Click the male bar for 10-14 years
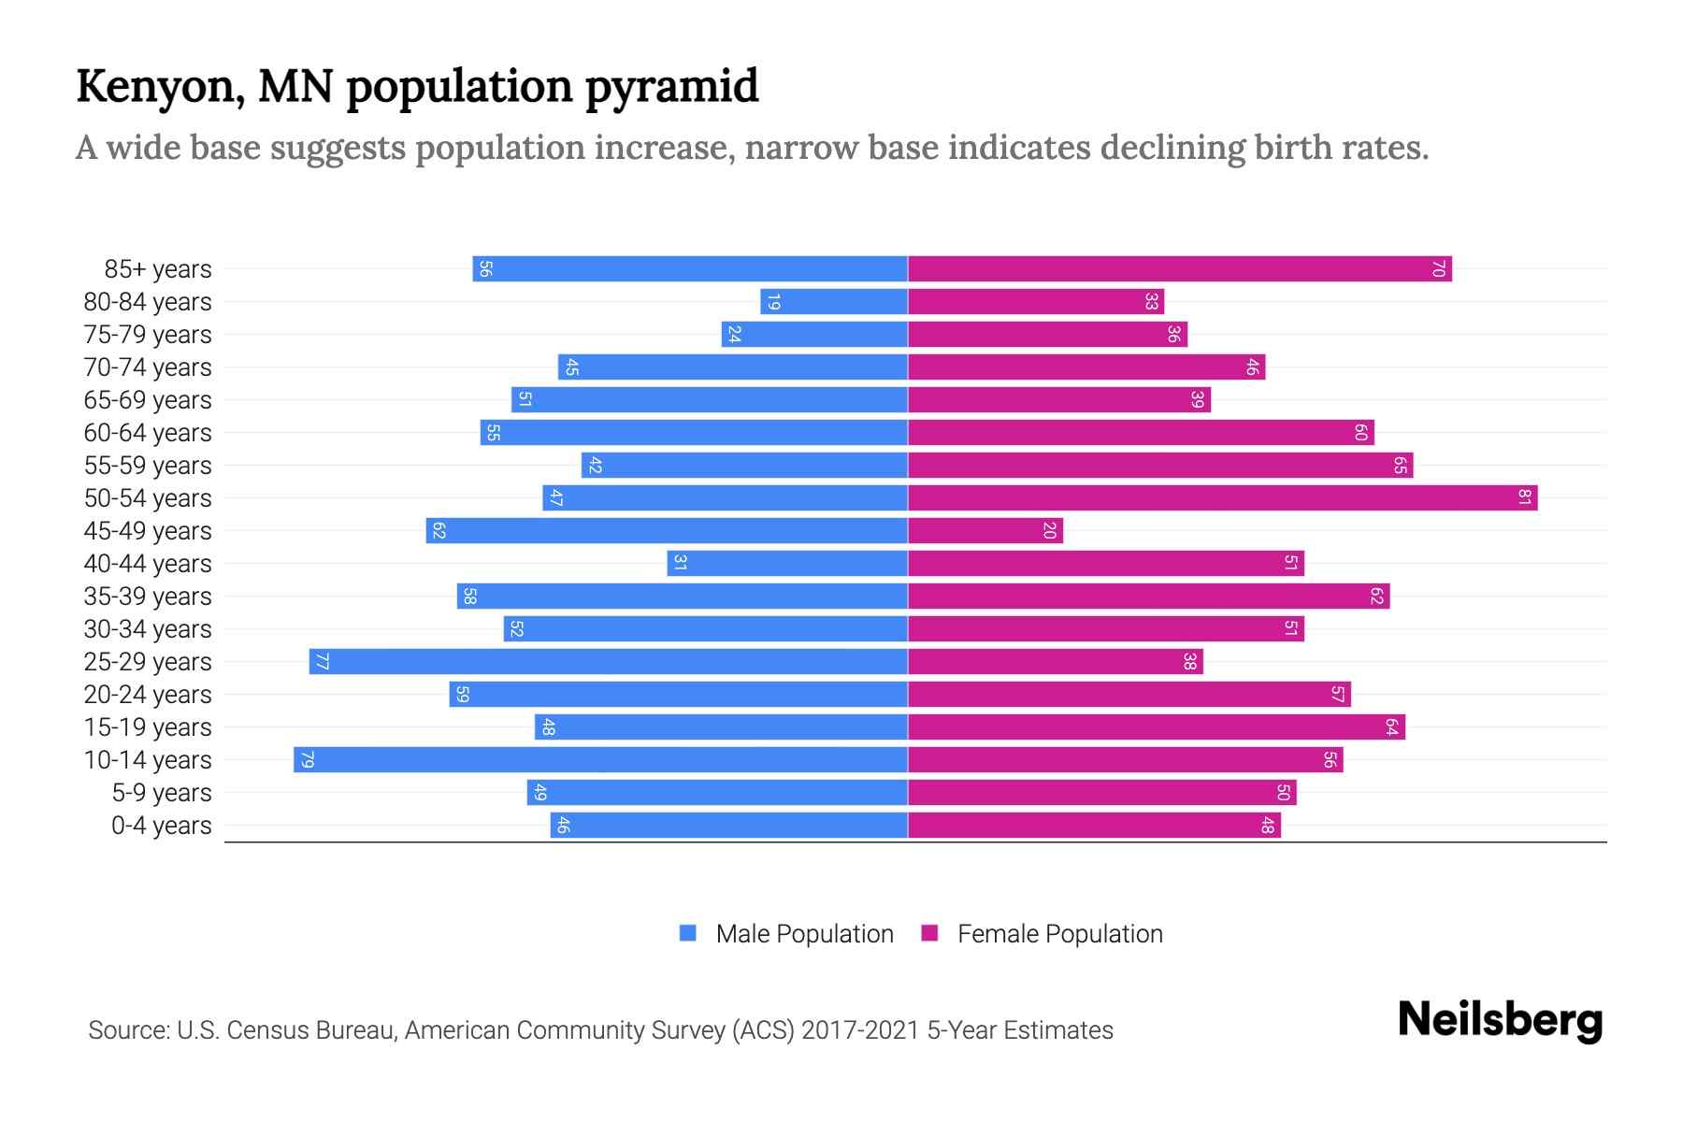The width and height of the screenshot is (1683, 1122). (x=600, y=759)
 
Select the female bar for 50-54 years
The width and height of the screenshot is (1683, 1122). (x=1222, y=497)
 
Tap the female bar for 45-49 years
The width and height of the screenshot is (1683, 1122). (x=985, y=530)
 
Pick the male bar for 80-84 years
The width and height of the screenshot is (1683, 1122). (x=834, y=301)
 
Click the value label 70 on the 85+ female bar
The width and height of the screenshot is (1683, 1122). (x=1438, y=268)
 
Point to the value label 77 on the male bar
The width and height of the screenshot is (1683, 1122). (x=322, y=661)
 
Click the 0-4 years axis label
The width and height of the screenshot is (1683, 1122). (x=161, y=826)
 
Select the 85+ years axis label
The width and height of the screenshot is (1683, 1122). (x=158, y=269)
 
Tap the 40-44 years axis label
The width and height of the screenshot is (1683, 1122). (x=148, y=564)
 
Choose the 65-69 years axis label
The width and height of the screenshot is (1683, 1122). (x=148, y=400)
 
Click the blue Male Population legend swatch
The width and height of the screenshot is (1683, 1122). (x=688, y=933)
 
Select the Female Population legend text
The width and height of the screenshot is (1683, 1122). (x=1059, y=933)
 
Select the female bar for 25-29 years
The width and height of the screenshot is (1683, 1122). (x=1055, y=661)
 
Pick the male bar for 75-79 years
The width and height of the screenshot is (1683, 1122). (x=814, y=334)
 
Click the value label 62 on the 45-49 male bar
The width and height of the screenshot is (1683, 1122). (x=439, y=530)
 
